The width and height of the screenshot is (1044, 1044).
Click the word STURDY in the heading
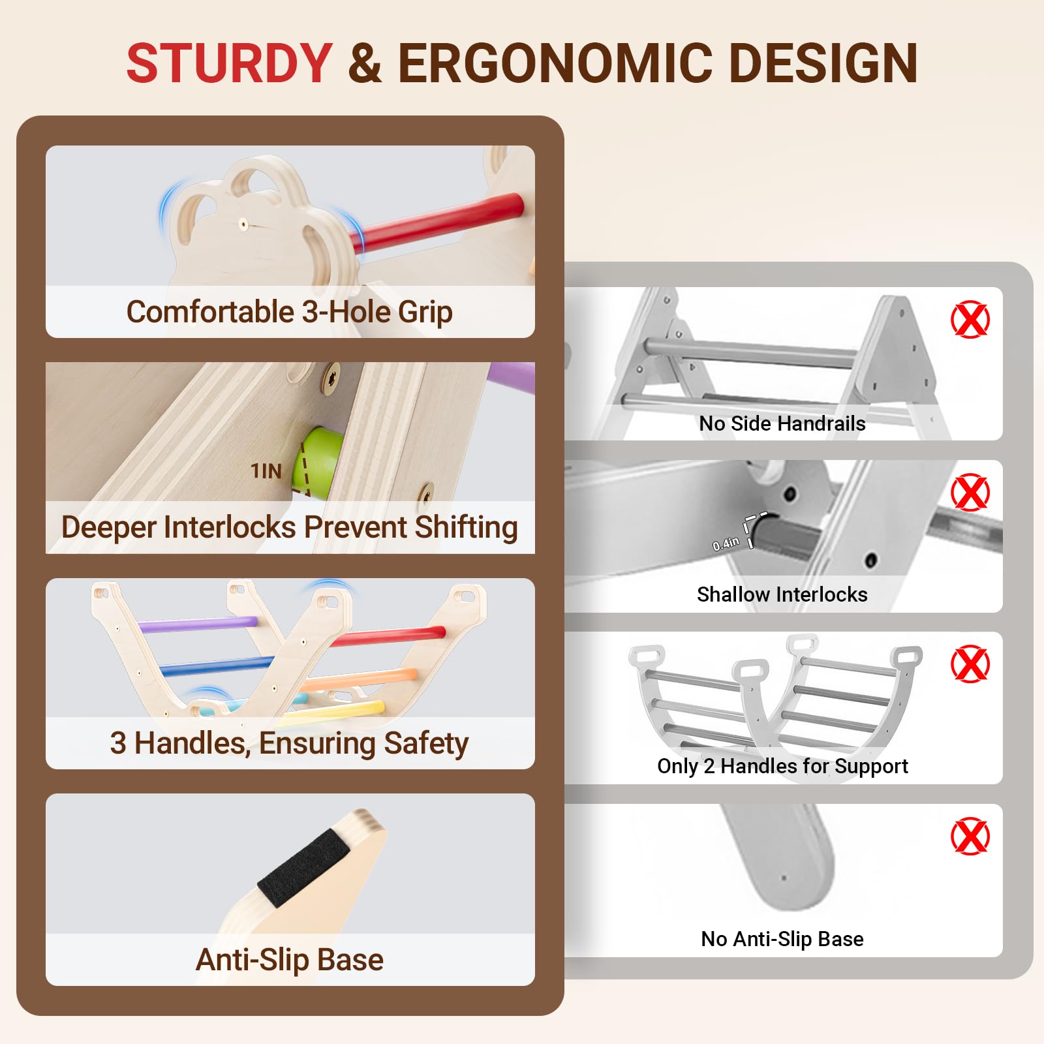[x=229, y=63]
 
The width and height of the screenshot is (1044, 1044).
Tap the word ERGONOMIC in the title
[x=553, y=63]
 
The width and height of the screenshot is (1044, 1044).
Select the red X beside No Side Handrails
[x=970, y=320]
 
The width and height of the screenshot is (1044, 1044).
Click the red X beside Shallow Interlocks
[x=970, y=493]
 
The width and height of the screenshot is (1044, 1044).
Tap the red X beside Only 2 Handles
[x=970, y=664]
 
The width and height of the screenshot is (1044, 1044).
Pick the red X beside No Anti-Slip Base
[x=970, y=837]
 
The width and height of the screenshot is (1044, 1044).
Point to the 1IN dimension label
[x=266, y=471]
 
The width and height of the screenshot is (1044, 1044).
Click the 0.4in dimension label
[x=726, y=544]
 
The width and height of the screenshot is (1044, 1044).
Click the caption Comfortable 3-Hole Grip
[x=289, y=312]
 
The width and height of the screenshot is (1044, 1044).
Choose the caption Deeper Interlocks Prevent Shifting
[x=290, y=527]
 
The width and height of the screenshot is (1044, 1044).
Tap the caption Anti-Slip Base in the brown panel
[x=290, y=960]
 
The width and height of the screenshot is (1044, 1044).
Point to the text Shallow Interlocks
[x=782, y=594]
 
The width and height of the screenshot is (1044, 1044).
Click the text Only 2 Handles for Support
[x=782, y=767]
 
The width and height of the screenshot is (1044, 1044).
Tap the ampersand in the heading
[x=365, y=63]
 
